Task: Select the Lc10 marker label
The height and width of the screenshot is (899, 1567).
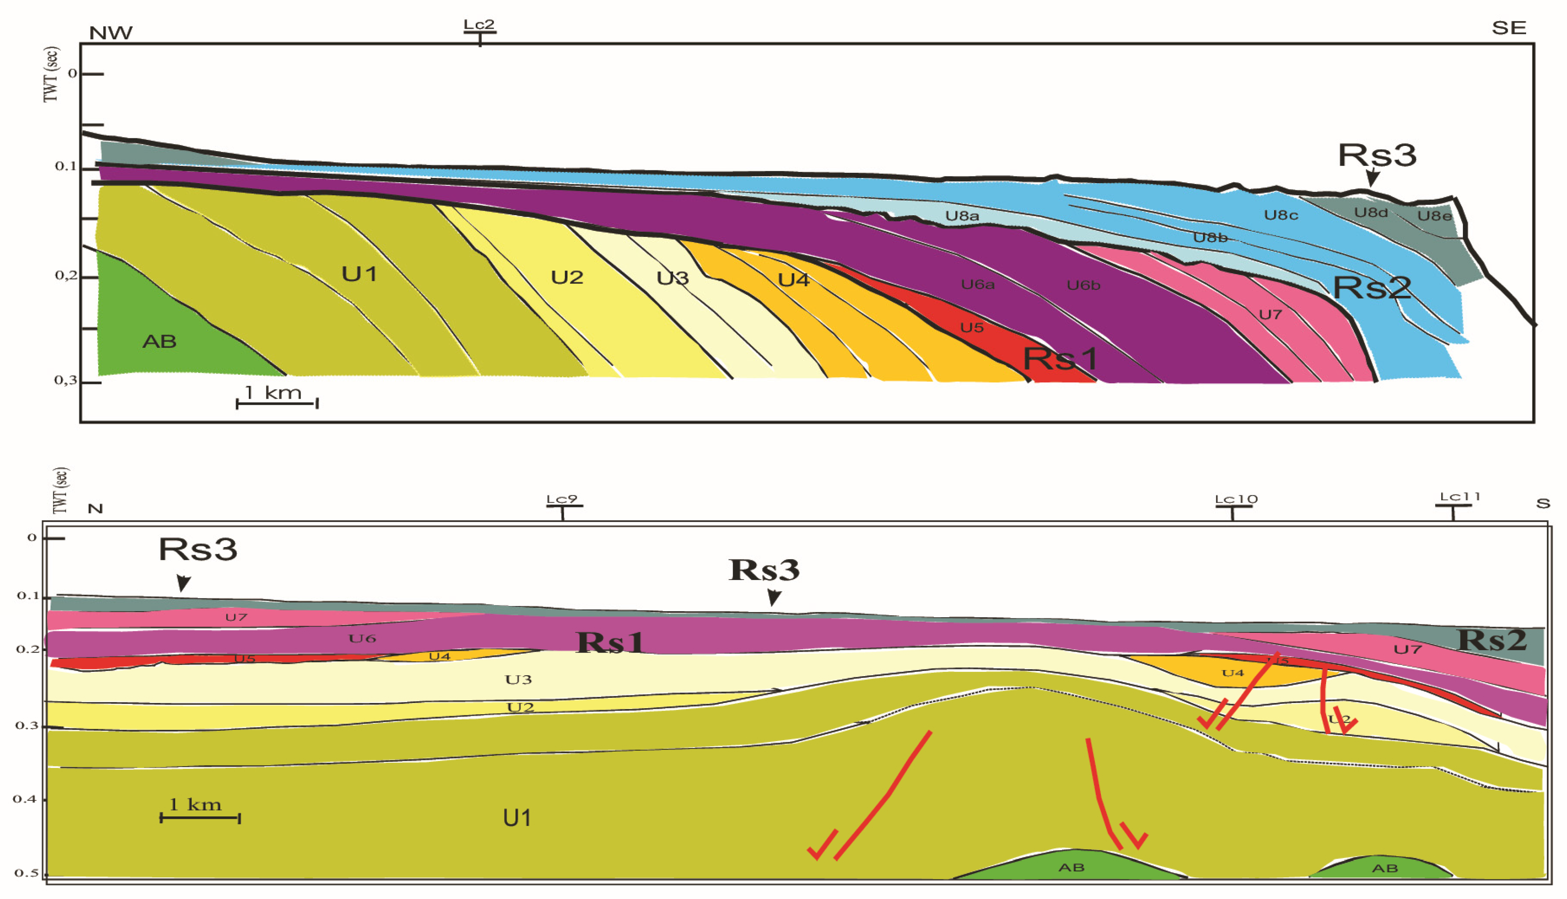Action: coord(1236,499)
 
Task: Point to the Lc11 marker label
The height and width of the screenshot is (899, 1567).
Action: coord(1460,497)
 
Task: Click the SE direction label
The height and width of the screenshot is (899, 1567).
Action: coord(1509,28)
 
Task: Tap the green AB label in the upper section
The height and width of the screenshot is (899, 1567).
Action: coord(159,341)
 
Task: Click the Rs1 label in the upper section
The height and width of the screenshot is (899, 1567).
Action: coord(1060,359)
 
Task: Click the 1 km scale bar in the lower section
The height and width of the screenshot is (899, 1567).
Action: coord(200,818)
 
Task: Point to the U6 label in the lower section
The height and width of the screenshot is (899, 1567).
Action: coord(362,638)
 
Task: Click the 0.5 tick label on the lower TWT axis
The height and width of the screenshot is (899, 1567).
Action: coord(26,873)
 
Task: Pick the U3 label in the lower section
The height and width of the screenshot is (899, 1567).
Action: coord(518,680)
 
